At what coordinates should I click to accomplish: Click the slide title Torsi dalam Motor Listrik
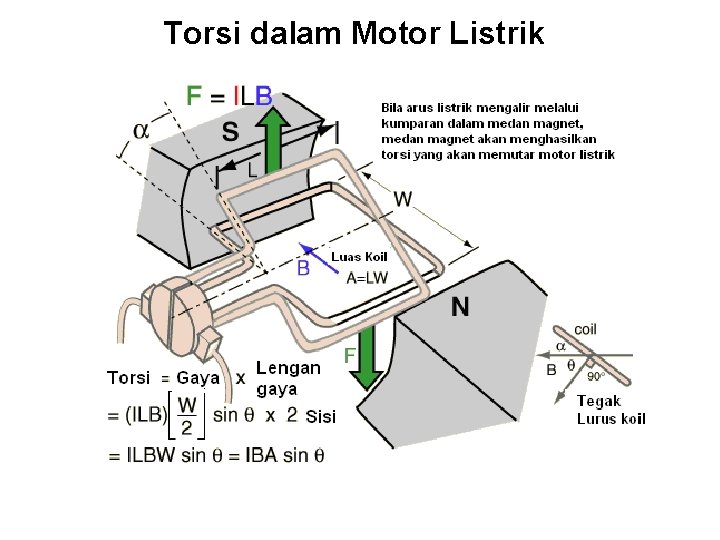[x=354, y=33]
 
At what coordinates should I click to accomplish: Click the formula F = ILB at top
[x=229, y=95]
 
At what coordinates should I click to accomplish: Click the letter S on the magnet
[x=230, y=132]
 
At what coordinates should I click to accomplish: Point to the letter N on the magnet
[x=460, y=307]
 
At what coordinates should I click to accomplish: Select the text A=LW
[x=367, y=279]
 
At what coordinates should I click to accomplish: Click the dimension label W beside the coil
[x=402, y=199]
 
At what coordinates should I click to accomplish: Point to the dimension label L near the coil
[x=252, y=171]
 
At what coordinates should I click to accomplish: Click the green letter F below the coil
[x=350, y=355]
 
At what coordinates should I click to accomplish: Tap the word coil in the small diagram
[x=586, y=329]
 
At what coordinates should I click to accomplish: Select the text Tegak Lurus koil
[x=611, y=410]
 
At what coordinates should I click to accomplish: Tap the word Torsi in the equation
[x=128, y=378]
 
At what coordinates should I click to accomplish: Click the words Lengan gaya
[x=288, y=378]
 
